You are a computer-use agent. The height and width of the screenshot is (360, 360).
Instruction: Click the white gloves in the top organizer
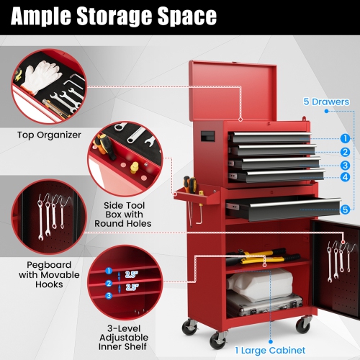tap(33, 76)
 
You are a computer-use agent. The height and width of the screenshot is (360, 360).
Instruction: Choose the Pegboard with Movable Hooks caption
tap(43, 274)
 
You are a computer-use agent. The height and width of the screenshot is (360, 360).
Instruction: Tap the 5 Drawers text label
tap(325, 102)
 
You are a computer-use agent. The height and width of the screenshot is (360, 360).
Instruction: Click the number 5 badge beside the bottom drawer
tap(346, 210)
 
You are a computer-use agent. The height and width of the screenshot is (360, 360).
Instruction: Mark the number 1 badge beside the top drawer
tap(346, 138)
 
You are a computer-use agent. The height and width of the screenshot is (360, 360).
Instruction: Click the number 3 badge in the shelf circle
tap(108, 295)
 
